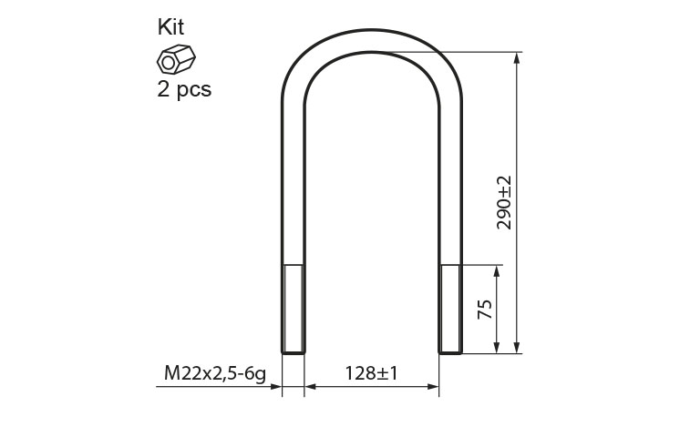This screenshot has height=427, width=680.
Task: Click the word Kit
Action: (170, 26)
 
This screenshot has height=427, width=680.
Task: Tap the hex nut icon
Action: (176, 59)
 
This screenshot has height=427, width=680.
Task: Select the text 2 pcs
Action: (184, 89)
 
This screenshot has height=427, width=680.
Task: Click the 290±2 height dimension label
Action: (504, 203)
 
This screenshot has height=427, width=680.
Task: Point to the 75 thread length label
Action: (485, 309)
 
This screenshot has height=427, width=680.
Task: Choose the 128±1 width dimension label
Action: (371, 373)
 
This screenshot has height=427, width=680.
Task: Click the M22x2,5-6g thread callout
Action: (215, 373)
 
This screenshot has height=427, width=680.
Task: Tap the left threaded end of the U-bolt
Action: (294, 310)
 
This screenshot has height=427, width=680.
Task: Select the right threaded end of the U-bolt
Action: (450, 310)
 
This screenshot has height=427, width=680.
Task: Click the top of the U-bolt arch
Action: (372, 41)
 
